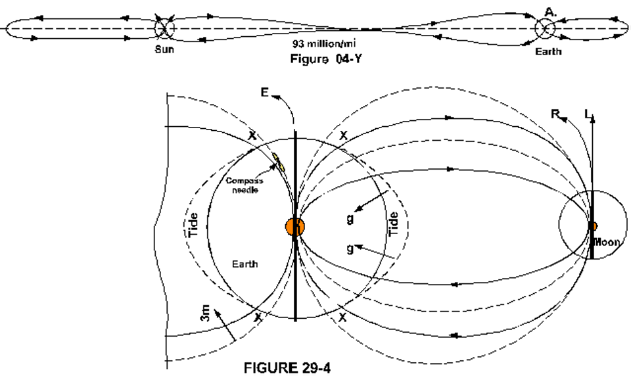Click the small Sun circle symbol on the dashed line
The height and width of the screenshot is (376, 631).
click(x=163, y=29)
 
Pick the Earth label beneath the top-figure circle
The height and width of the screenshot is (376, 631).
click(x=548, y=51)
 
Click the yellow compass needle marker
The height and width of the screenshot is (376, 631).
click(x=279, y=162)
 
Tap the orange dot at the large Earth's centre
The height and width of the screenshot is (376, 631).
click(x=294, y=226)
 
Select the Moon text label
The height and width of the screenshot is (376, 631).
click(x=605, y=243)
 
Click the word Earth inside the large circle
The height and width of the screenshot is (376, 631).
click(x=245, y=264)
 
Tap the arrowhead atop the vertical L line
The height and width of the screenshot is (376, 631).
click(x=592, y=117)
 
